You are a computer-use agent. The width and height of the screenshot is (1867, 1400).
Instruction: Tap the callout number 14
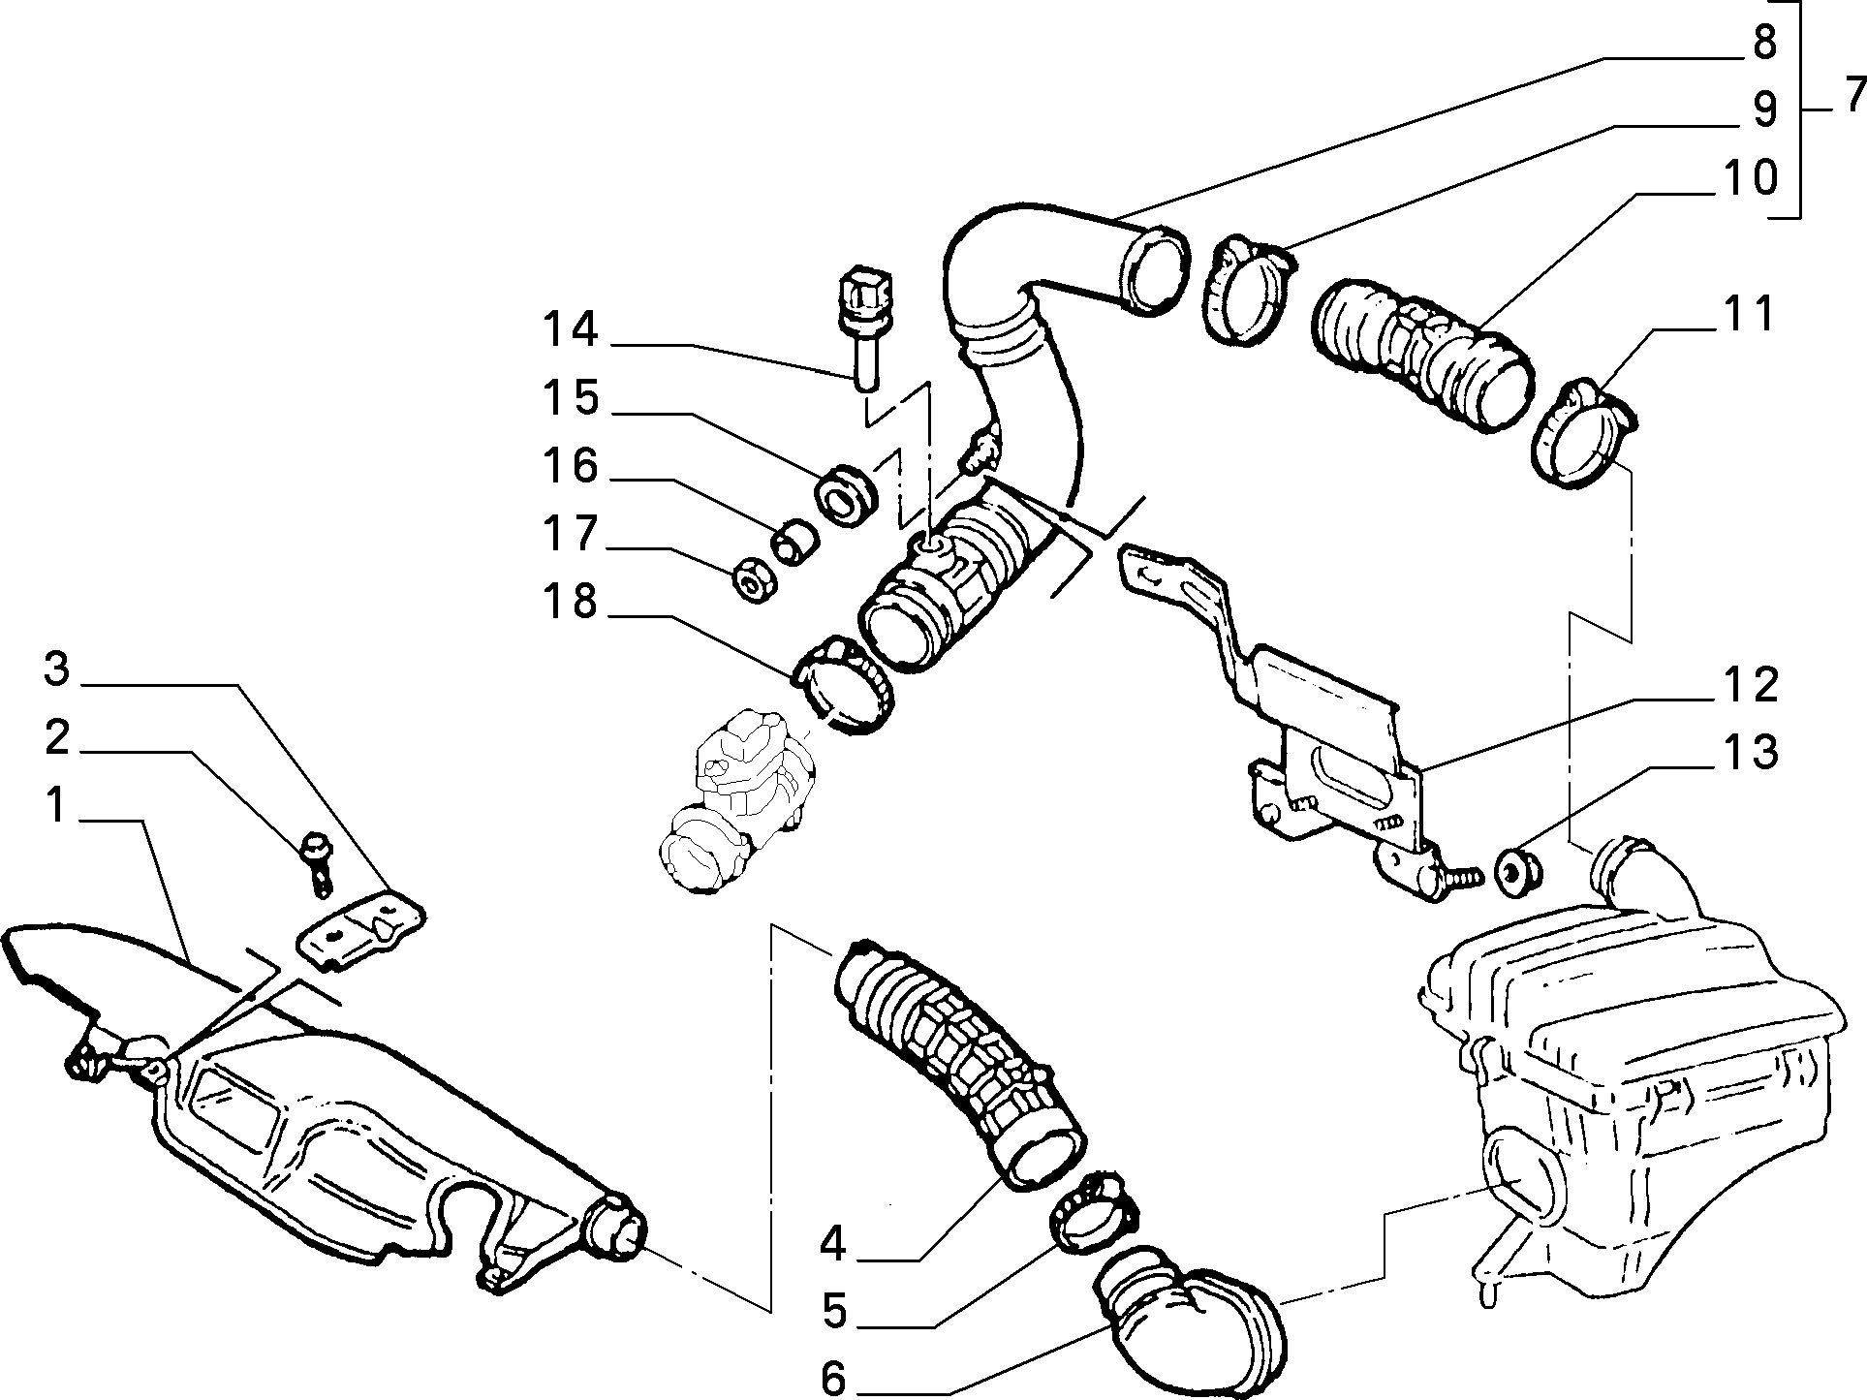pos(571,329)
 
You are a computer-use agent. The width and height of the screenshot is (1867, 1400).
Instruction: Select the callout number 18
pos(570,602)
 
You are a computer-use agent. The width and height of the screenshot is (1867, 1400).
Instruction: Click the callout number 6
pos(833,1378)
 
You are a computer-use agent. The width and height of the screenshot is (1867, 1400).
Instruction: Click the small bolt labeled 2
pos(316,860)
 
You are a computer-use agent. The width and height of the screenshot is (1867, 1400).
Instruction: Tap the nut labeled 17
pos(750,579)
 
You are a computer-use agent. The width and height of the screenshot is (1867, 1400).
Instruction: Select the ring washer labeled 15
pos(848,495)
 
